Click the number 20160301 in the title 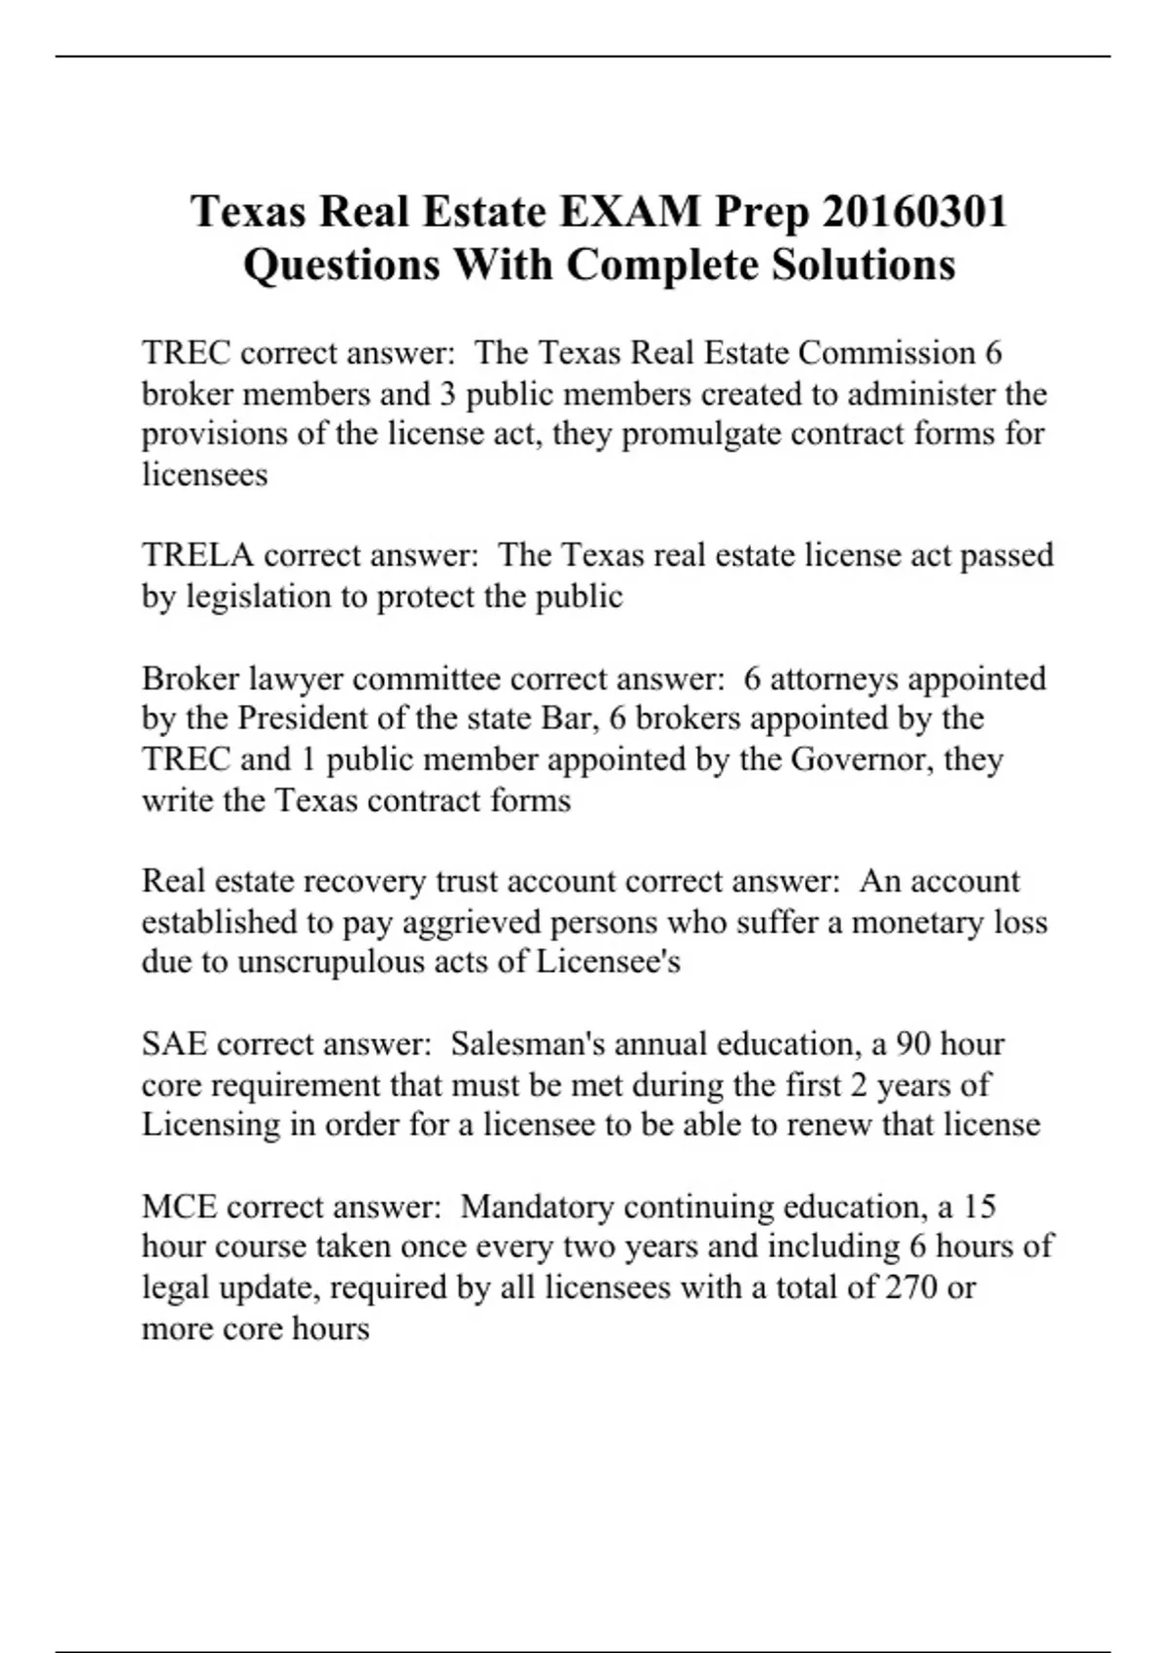[914, 211]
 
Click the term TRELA [197, 555]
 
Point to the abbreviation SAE [174, 1044]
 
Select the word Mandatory [537, 1207]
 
